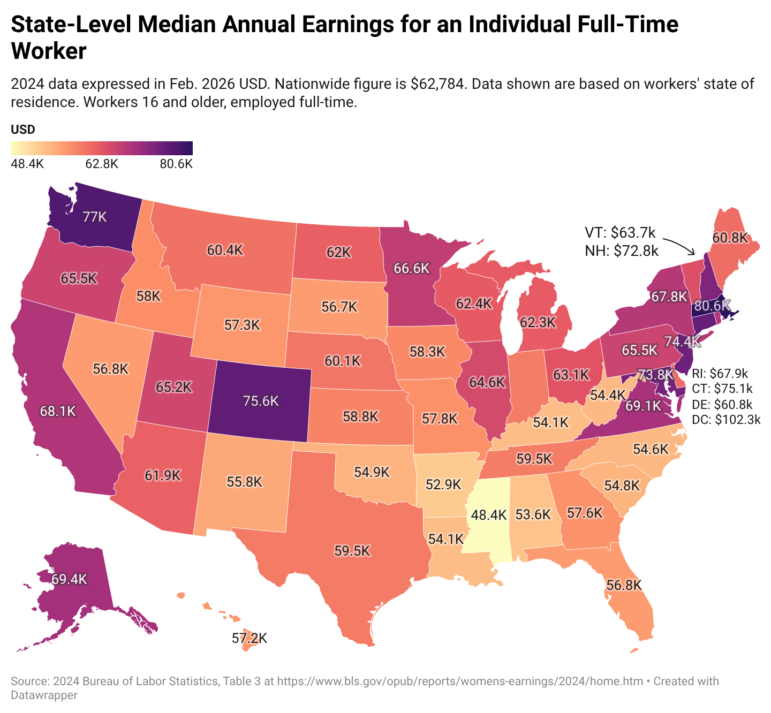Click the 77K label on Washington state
pyautogui.click(x=95, y=217)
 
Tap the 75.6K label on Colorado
pyautogui.click(x=260, y=401)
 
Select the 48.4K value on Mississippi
pyautogui.click(x=488, y=515)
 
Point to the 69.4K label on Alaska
pyautogui.click(x=69, y=579)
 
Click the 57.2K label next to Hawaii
pyautogui.click(x=250, y=638)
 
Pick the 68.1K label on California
pyautogui.click(x=58, y=411)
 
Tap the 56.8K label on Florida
pyautogui.click(x=624, y=585)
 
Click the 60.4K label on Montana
pyautogui.click(x=226, y=250)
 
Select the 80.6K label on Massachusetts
pyautogui.click(x=710, y=306)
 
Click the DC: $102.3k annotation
pyautogui.click(x=726, y=420)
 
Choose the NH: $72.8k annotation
pyautogui.click(x=621, y=250)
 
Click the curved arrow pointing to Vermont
pyautogui.click(x=679, y=244)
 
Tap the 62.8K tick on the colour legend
pyautogui.click(x=102, y=164)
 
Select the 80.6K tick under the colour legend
pyautogui.click(x=176, y=164)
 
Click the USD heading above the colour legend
pyautogui.click(x=23, y=130)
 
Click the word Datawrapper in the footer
pyautogui.click(x=44, y=695)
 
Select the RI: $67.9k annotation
pyautogui.click(x=720, y=373)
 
